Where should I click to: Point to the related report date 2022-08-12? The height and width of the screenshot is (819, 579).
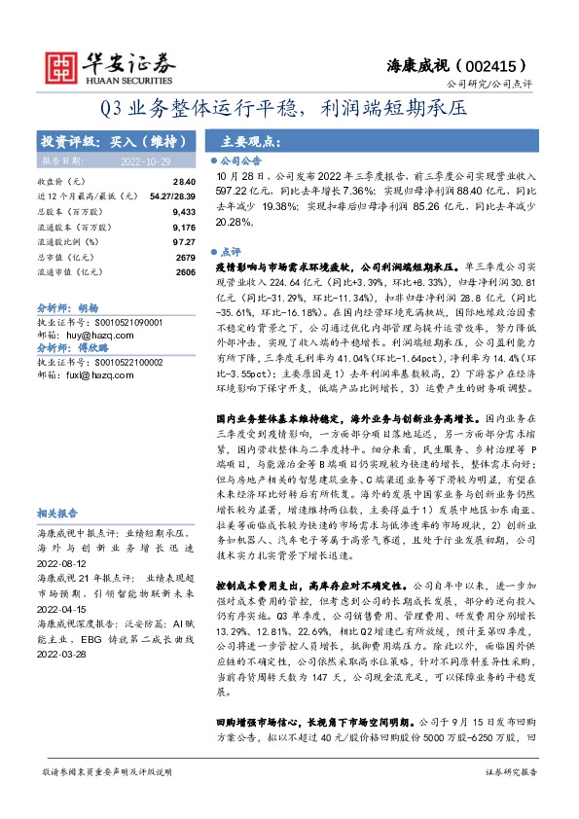[62, 559]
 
